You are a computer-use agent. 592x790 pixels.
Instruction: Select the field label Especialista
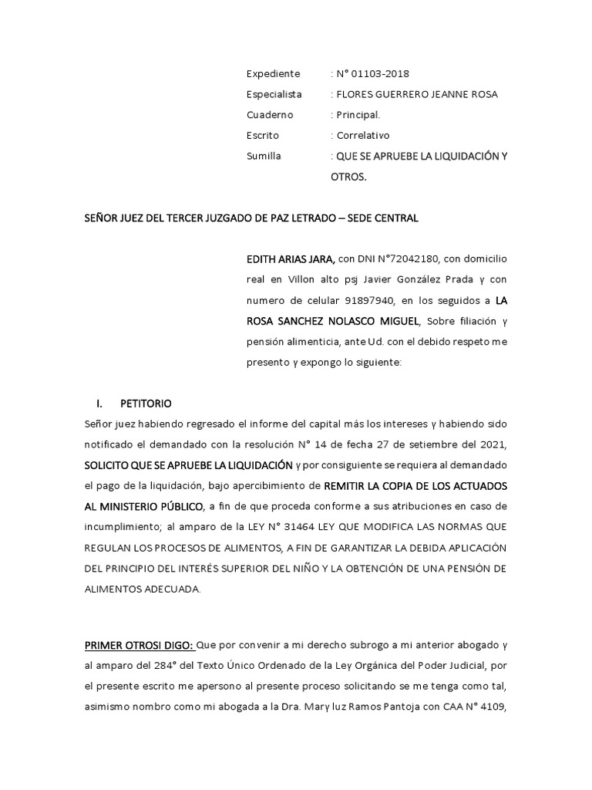pos(274,94)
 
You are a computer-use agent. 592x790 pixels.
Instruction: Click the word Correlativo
pos(362,135)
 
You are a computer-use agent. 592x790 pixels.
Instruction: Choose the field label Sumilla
pos(264,156)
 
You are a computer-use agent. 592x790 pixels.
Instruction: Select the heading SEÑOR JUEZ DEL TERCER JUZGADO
pos(251,218)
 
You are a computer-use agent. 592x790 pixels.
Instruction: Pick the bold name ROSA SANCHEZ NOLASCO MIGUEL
pos(334,321)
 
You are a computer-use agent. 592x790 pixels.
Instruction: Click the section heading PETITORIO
pos(146,403)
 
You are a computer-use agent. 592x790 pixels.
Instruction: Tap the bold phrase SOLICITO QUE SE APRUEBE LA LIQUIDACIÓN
pos(188,464)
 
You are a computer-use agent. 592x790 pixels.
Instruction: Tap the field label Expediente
pos(273,74)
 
